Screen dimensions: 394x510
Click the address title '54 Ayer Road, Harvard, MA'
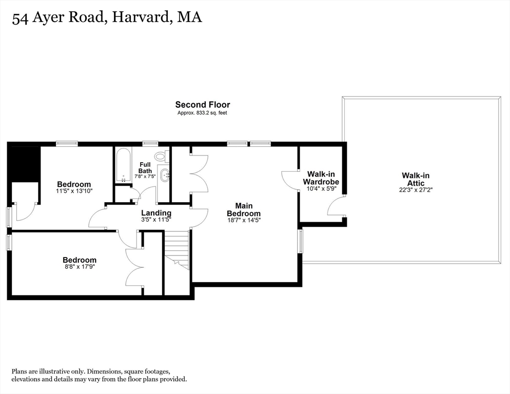107,18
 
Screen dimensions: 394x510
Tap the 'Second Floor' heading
202,105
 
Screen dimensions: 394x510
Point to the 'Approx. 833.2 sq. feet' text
202,112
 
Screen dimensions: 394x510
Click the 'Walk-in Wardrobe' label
321,178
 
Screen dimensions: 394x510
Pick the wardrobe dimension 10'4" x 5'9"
321,188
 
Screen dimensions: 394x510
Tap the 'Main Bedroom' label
244,209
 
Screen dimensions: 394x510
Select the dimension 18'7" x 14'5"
244,221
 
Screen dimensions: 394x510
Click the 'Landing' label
156,213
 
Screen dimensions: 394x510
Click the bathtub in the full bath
123,165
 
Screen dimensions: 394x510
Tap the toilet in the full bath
161,156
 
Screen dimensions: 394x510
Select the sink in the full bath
165,175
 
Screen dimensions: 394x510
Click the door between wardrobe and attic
336,207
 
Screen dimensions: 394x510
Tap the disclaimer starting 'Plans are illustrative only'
100,375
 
